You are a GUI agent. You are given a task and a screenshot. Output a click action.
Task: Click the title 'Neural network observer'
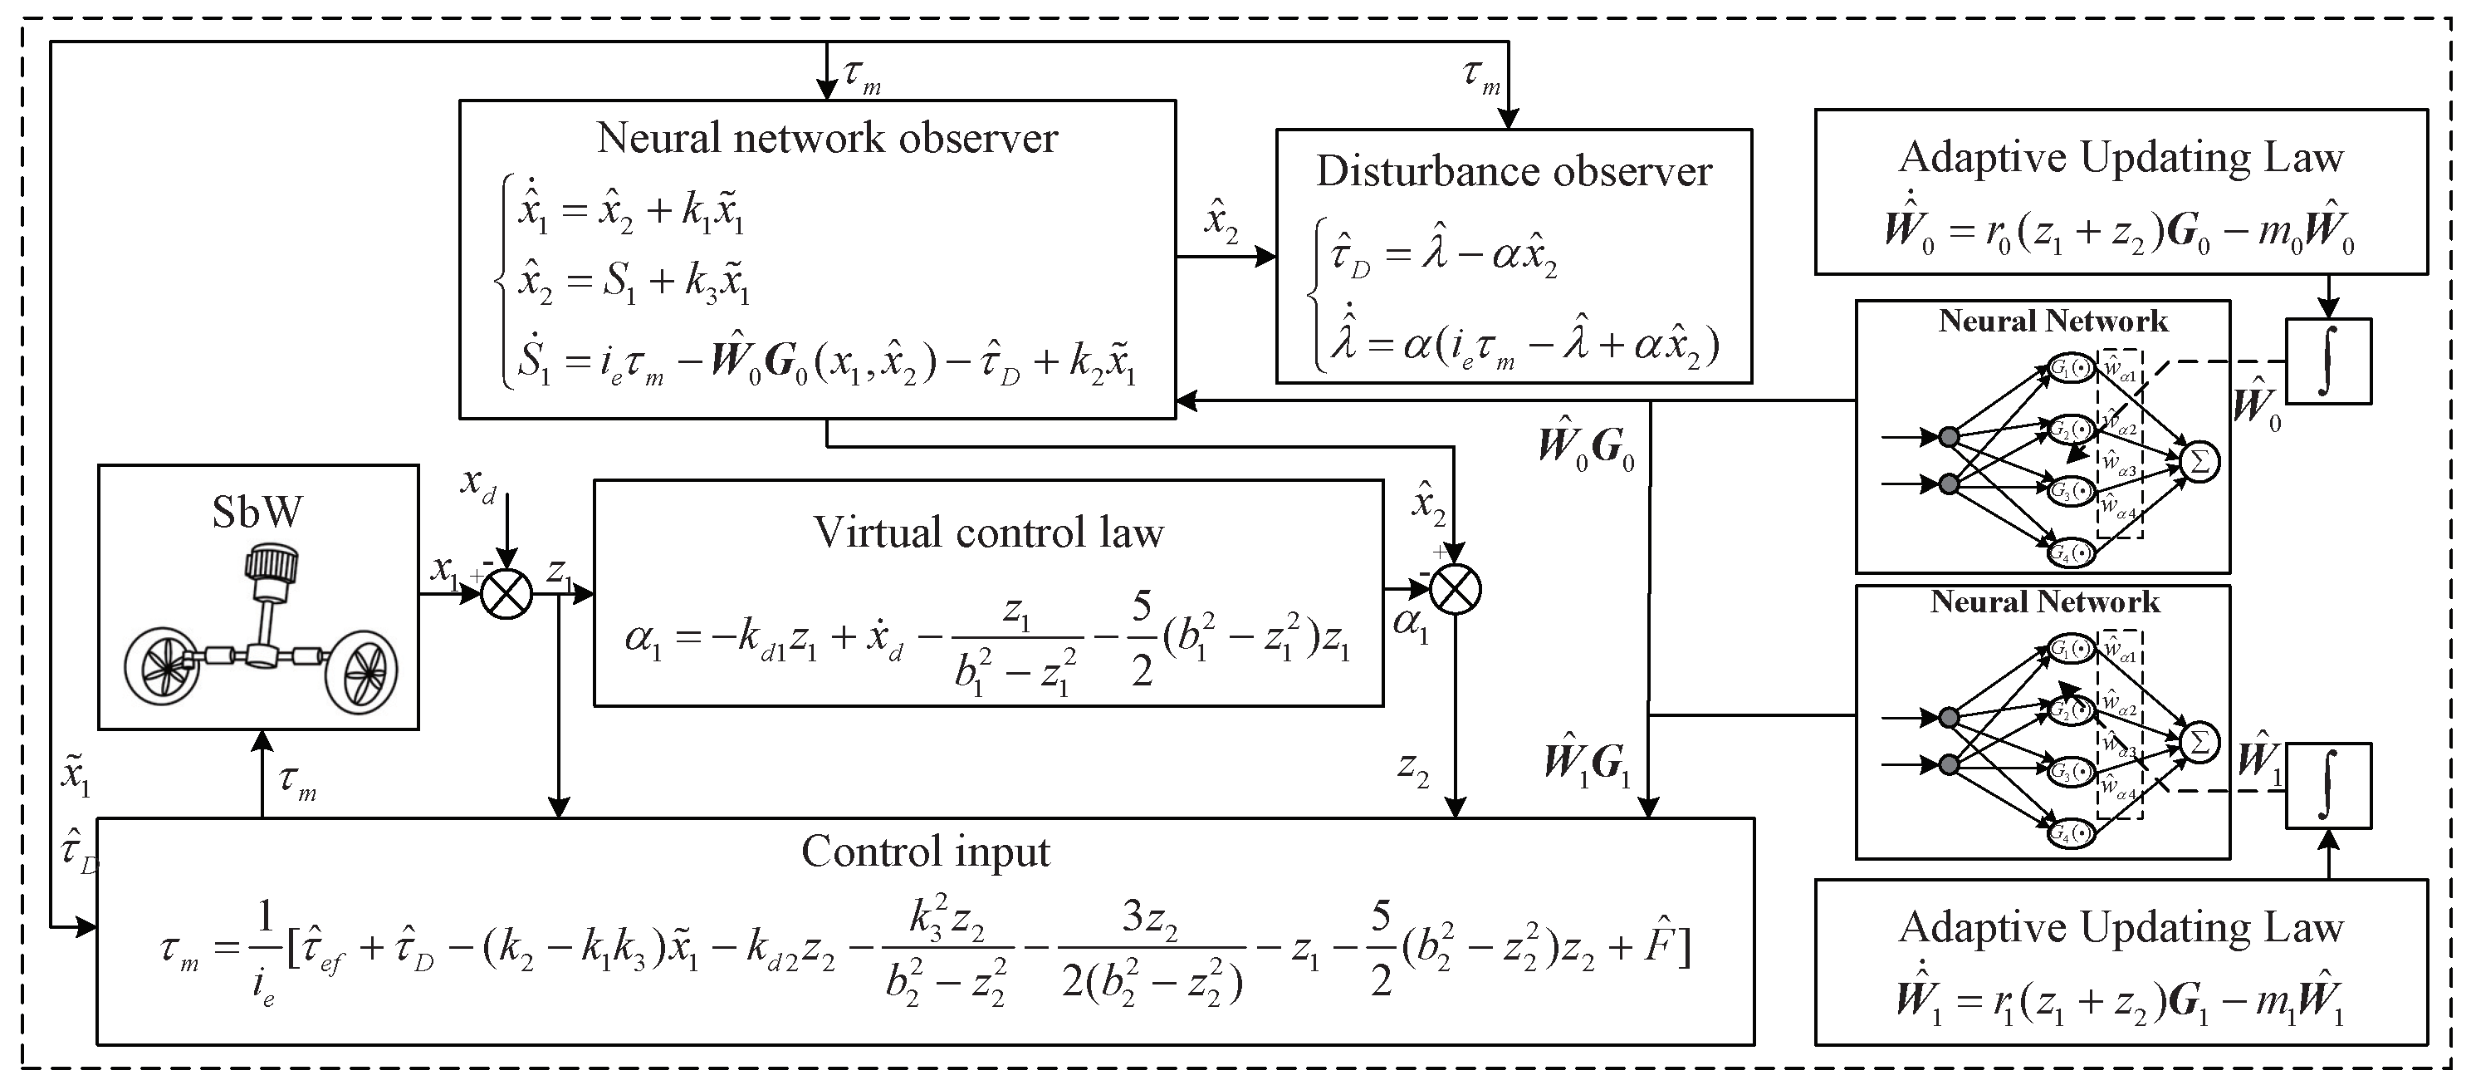tap(827, 138)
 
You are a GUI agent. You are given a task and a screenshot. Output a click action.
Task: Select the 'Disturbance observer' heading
tap(1514, 172)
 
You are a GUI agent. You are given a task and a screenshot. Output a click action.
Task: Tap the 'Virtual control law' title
tap(988, 533)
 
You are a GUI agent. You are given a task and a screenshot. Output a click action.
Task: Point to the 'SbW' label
tap(257, 513)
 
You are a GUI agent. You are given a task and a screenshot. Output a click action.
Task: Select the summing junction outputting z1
tap(506, 592)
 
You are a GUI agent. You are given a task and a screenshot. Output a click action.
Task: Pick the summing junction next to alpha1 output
tap(1456, 589)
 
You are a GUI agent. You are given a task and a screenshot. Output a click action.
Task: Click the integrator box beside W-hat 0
tap(2328, 361)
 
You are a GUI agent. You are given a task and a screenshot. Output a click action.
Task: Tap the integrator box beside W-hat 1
tap(2328, 786)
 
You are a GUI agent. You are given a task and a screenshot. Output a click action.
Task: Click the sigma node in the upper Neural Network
tap(2199, 463)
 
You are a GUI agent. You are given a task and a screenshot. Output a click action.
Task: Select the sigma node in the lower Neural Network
tap(2199, 743)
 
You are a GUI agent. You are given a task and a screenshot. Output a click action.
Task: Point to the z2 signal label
tap(1413, 768)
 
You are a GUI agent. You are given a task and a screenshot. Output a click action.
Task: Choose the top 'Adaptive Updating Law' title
tap(2121, 157)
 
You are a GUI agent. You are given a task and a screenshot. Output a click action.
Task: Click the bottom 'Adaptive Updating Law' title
tap(2121, 928)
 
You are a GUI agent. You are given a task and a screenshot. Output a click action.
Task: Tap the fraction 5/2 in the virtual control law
tap(1142, 639)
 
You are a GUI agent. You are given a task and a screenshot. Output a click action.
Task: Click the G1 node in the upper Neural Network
tap(2071, 367)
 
